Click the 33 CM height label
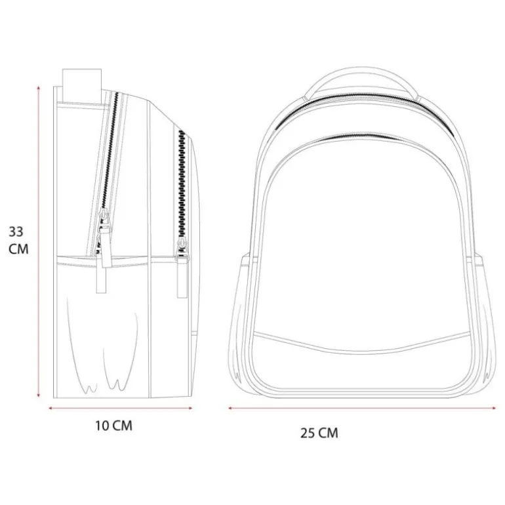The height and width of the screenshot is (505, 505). tap(18, 240)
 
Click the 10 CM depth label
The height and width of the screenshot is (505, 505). tap(113, 426)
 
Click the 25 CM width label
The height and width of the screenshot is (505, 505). tap(319, 433)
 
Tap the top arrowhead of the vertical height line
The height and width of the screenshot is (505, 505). tap(39, 88)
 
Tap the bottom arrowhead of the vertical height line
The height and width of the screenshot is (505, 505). tap(39, 395)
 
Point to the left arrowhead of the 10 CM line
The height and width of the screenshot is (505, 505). tap(51, 408)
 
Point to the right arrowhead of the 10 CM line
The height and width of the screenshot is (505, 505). tap(191, 408)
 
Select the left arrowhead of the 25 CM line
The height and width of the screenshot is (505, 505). tap(230, 408)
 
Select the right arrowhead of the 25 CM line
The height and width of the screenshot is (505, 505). tap(494, 408)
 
